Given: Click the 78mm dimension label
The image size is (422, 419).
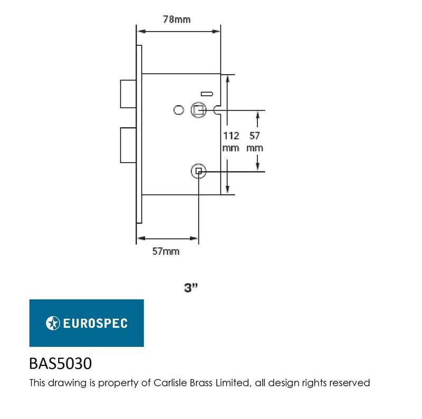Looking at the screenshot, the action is (x=177, y=19).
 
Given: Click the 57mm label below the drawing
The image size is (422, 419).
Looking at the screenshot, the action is (x=166, y=252).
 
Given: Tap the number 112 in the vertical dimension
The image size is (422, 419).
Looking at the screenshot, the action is (x=231, y=136).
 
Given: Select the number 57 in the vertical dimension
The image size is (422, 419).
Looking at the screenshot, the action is (x=255, y=136).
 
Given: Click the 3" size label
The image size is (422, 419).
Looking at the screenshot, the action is (x=191, y=287).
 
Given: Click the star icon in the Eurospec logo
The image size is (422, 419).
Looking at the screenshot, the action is (x=53, y=323).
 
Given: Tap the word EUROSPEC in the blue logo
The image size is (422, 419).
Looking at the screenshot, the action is (x=95, y=323).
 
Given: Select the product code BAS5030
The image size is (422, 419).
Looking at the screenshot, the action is (x=60, y=363).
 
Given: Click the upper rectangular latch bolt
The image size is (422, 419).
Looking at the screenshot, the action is (x=128, y=94).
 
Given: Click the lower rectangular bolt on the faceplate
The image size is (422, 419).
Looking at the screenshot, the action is (x=128, y=145).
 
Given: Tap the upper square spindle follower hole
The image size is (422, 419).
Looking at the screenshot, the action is (x=199, y=110).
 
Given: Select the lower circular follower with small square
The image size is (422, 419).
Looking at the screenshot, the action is (x=199, y=171).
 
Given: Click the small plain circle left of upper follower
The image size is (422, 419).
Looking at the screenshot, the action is (x=179, y=110).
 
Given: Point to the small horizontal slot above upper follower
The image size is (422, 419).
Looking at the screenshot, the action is (x=207, y=94).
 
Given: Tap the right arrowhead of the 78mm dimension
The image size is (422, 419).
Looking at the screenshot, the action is (x=216, y=32).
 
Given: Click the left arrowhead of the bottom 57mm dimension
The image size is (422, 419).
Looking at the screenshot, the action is (x=141, y=238).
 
